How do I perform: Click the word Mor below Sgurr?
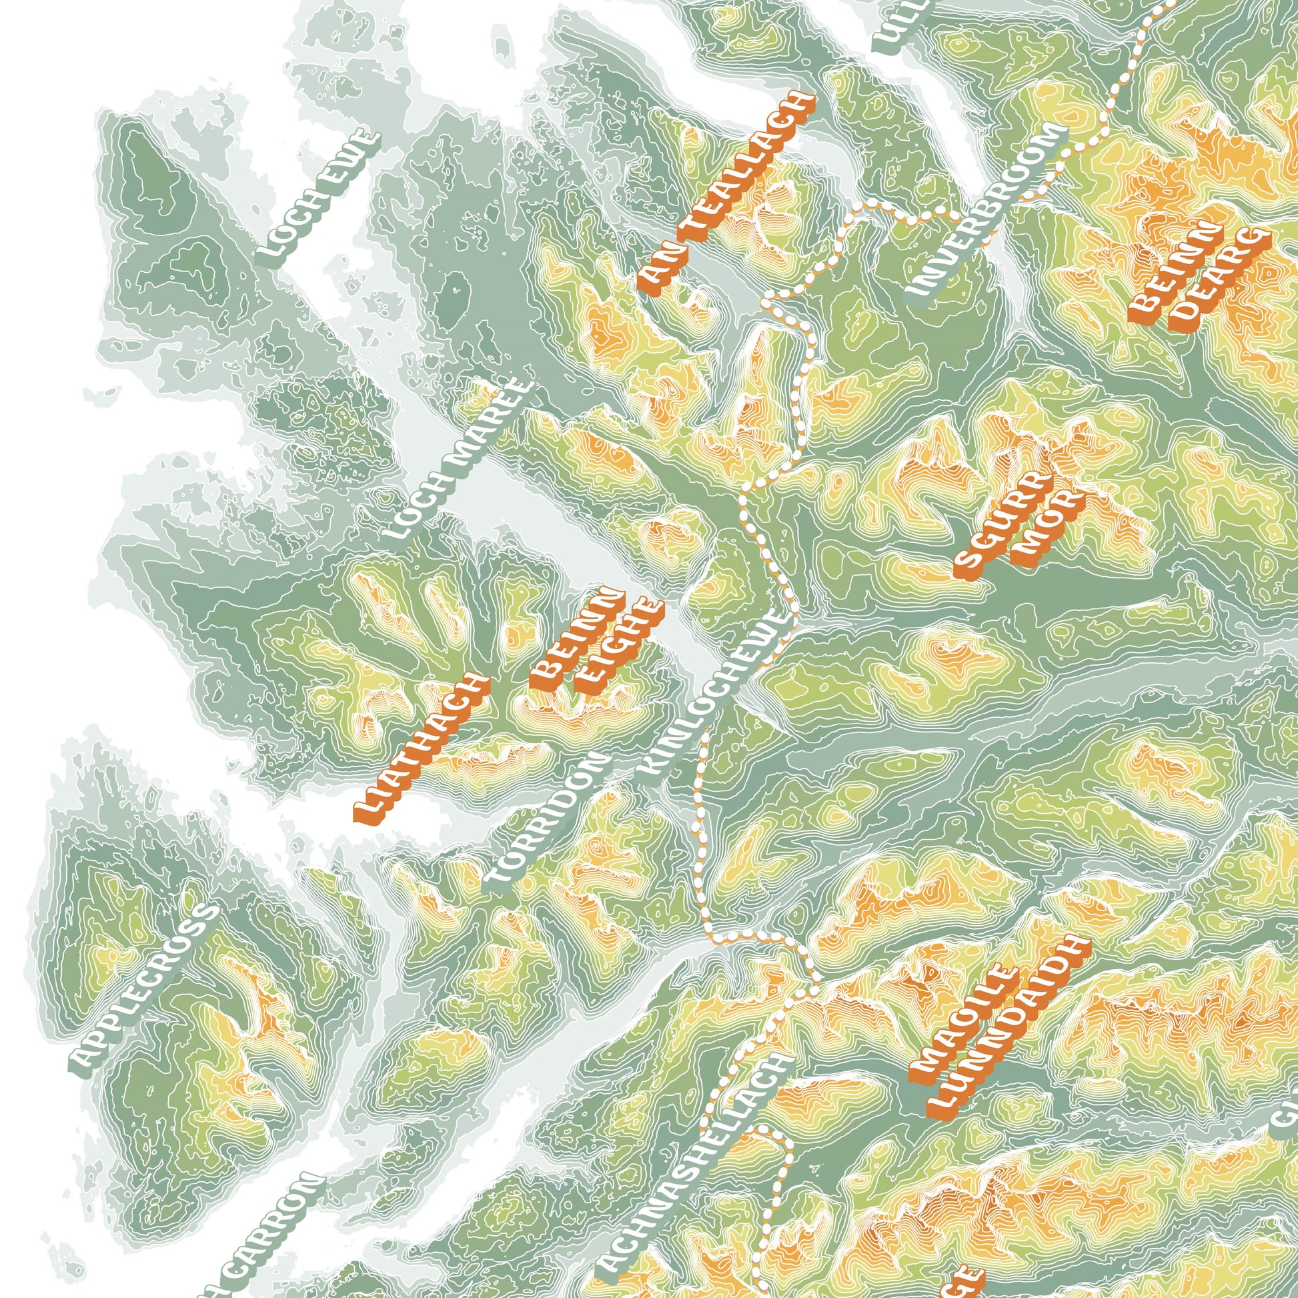[1047, 528]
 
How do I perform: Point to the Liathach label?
[422, 747]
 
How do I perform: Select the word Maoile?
[963, 1023]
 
